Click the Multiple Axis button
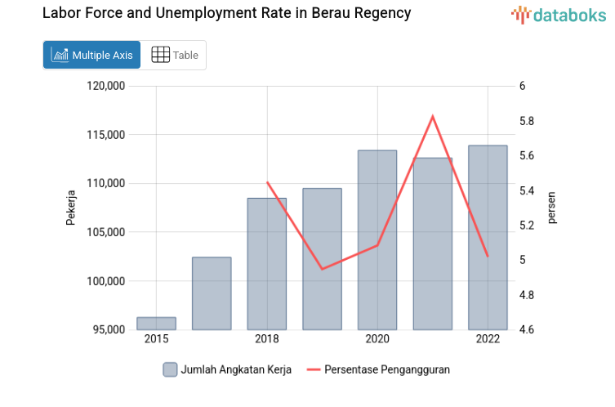pos(92,55)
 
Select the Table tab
pos(175,55)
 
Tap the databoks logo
pos(559,14)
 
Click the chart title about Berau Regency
pos(226,14)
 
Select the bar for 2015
pos(156,324)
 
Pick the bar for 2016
pos(212,293)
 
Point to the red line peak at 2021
pos(433,116)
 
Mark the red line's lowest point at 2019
pos(322,269)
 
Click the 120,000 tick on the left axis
pos(105,86)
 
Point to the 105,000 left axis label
pos(105,232)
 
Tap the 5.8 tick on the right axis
pos(526,121)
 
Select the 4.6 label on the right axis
pos(526,330)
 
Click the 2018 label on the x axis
pos(267,339)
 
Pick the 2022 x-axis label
pos(488,339)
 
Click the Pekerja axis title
pos(71,208)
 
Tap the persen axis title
pos(552,208)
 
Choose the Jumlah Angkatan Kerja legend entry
pos(226,369)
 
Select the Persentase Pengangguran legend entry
pos(378,369)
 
